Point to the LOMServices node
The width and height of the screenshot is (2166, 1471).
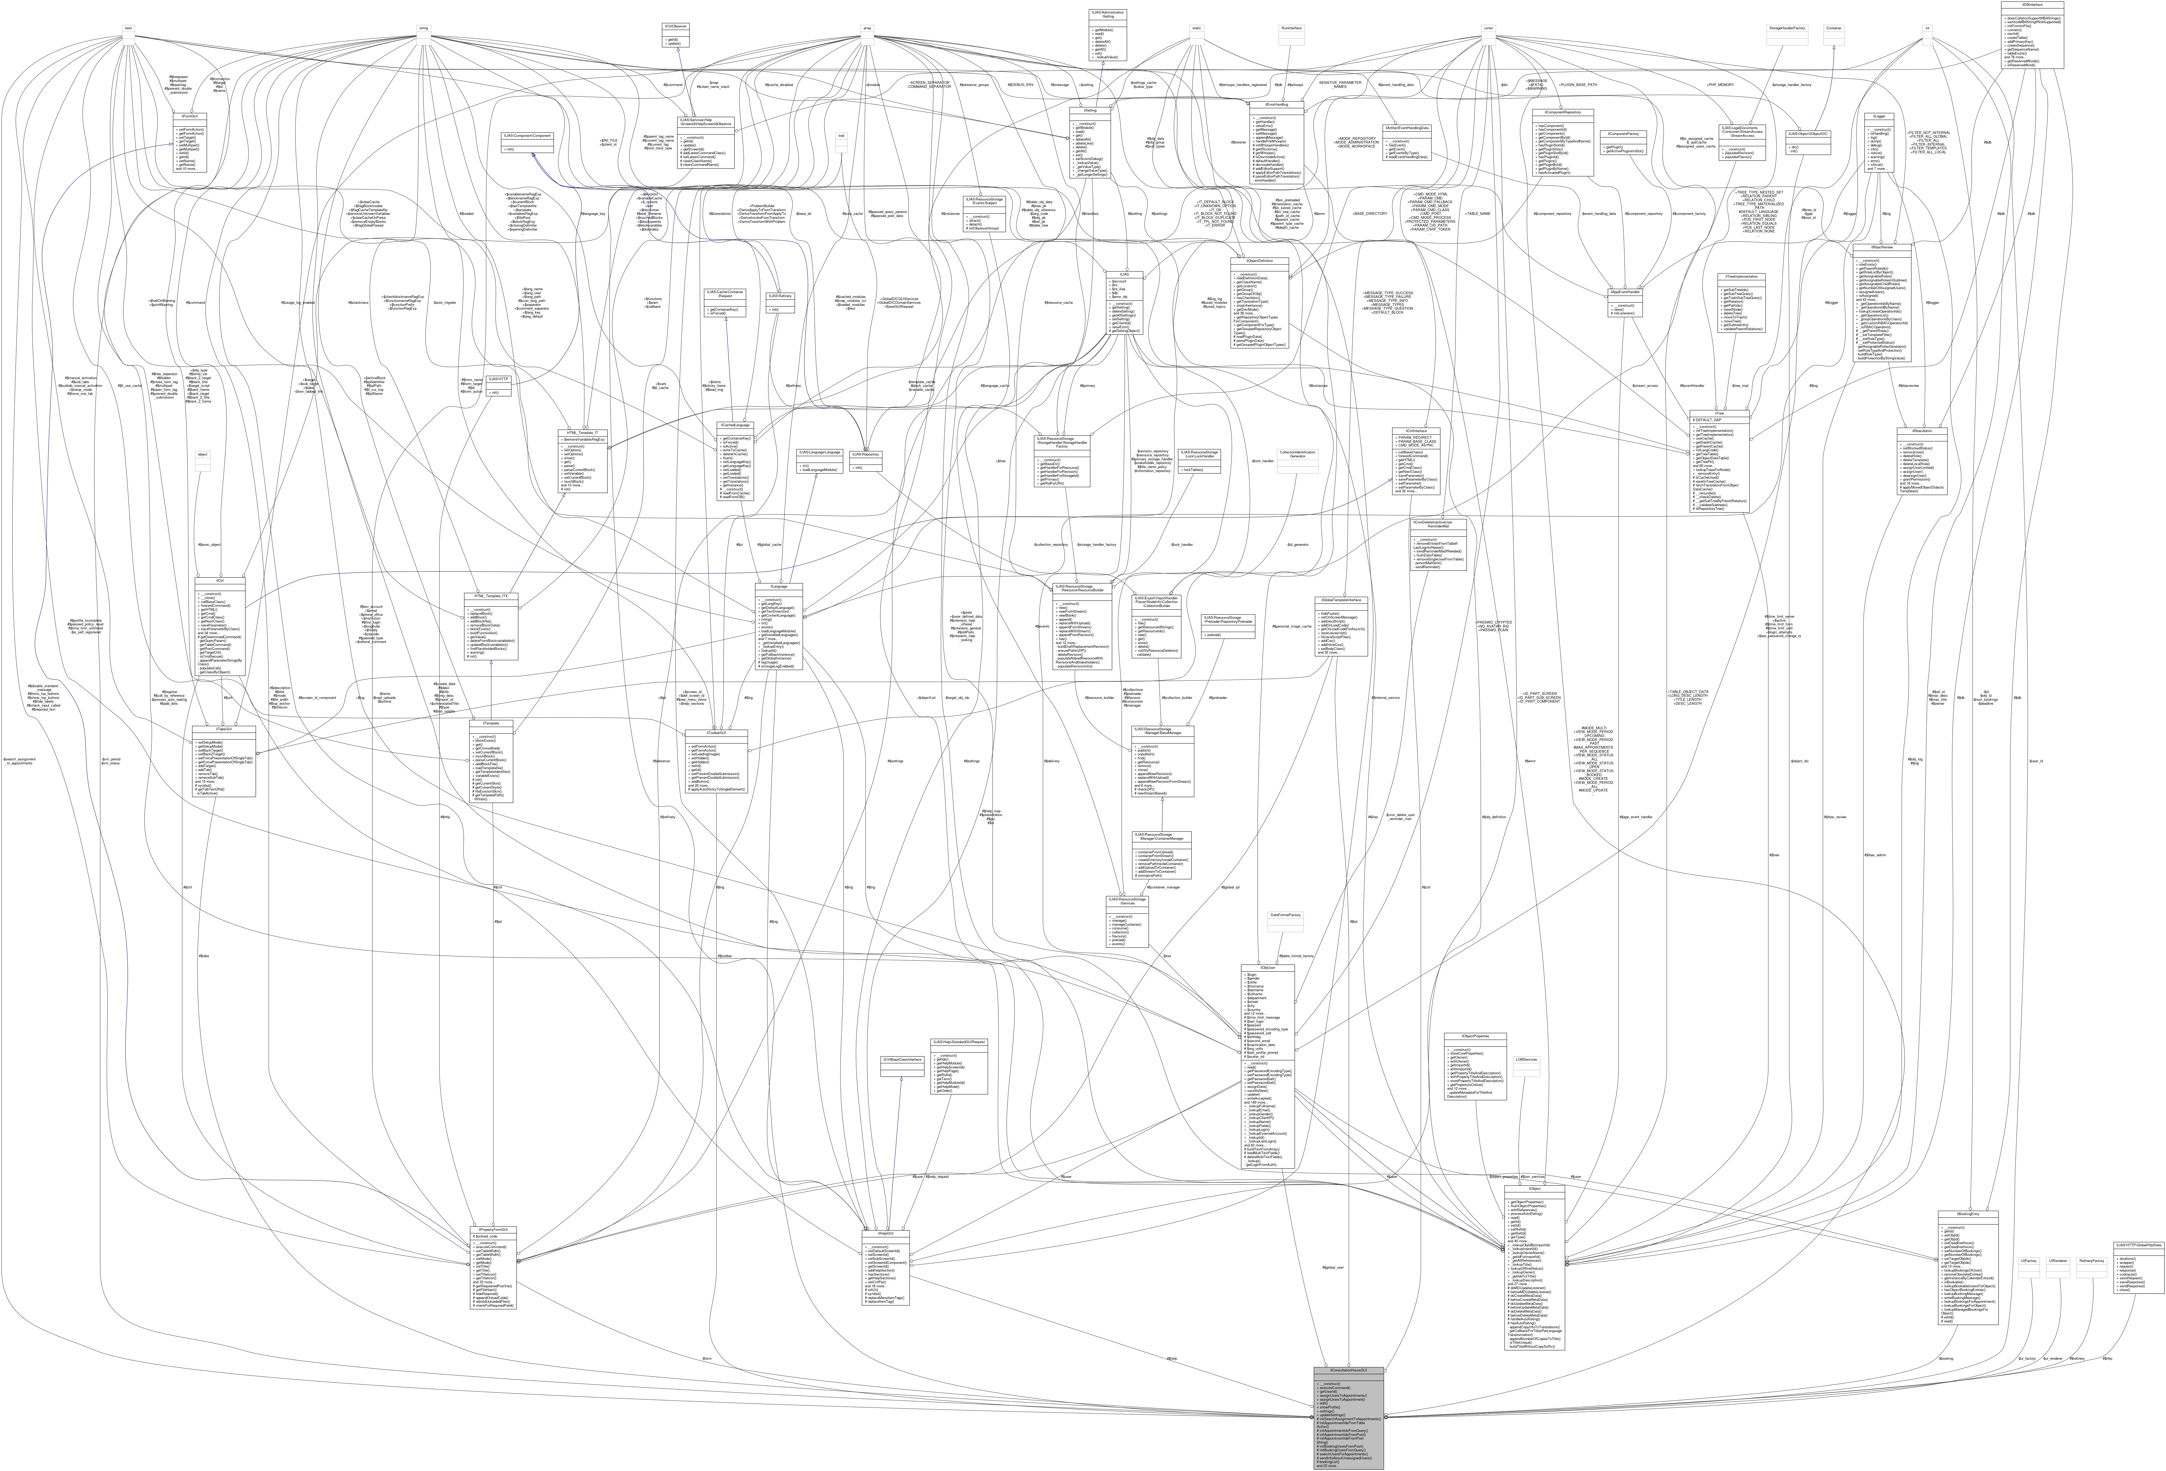[1526, 1060]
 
